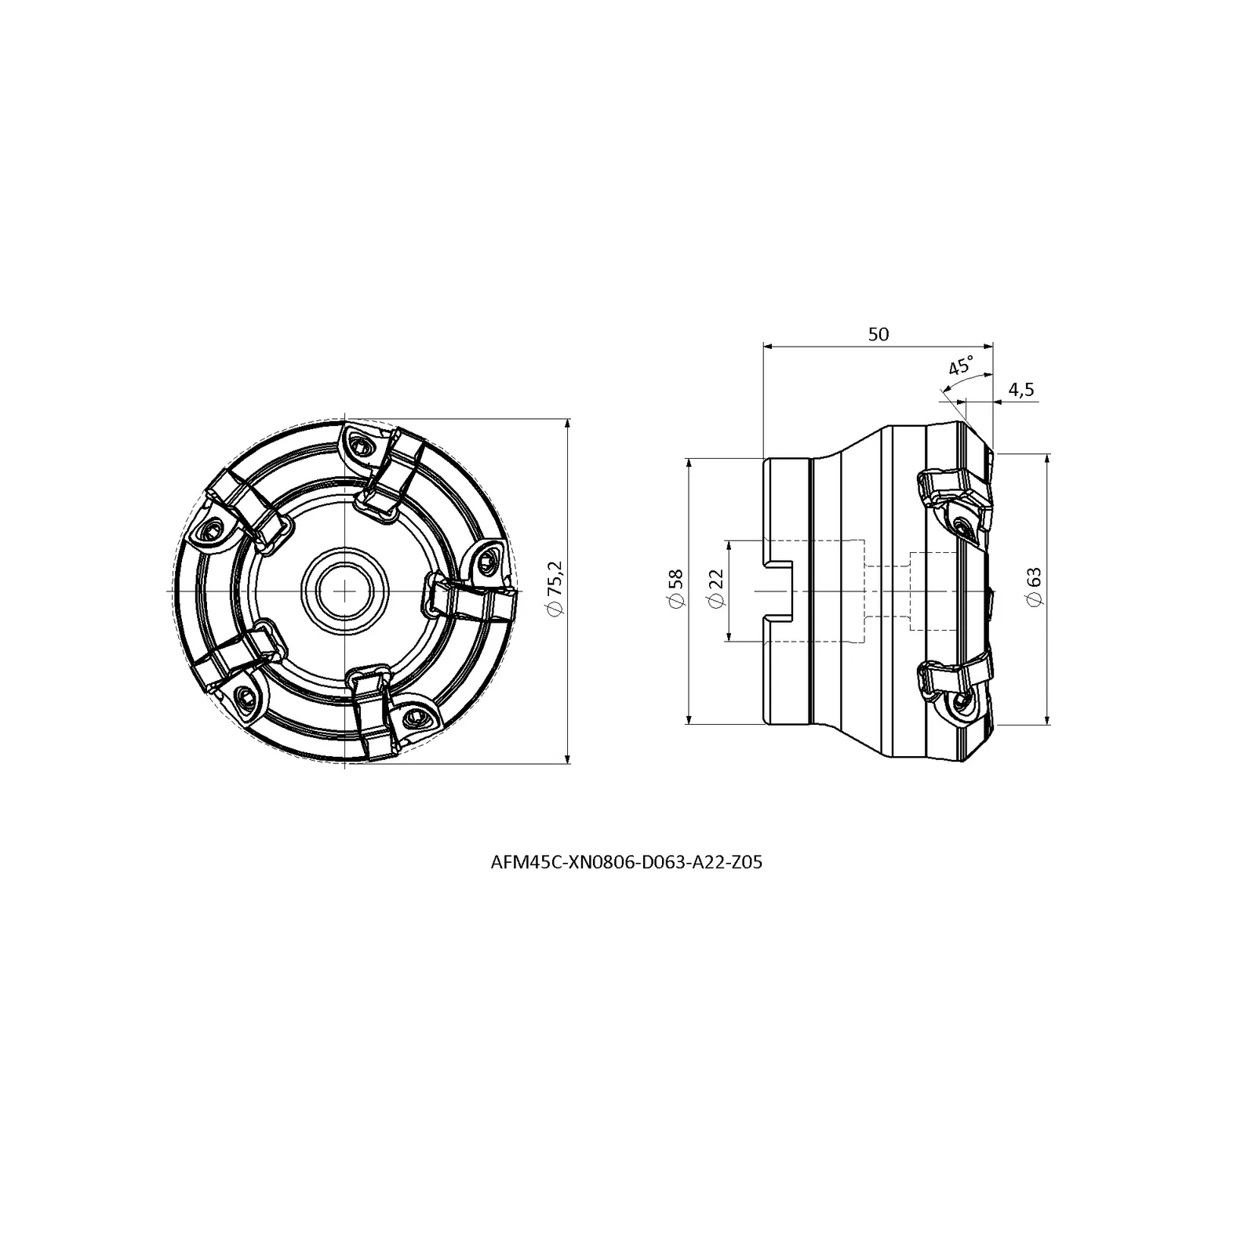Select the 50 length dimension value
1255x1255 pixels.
pyautogui.click(x=878, y=334)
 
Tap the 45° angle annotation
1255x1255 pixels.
pyautogui.click(x=961, y=366)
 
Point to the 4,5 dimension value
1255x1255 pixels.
pyautogui.click(x=1021, y=390)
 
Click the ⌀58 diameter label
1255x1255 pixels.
pyautogui.click(x=675, y=589)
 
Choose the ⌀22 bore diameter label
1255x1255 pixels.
pyautogui.click(x=715, y=589)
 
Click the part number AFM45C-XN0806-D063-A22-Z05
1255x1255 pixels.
pyautogui.click(x=626, y=863)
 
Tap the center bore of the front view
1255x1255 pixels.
pyautogui.click(x=344, y=589)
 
